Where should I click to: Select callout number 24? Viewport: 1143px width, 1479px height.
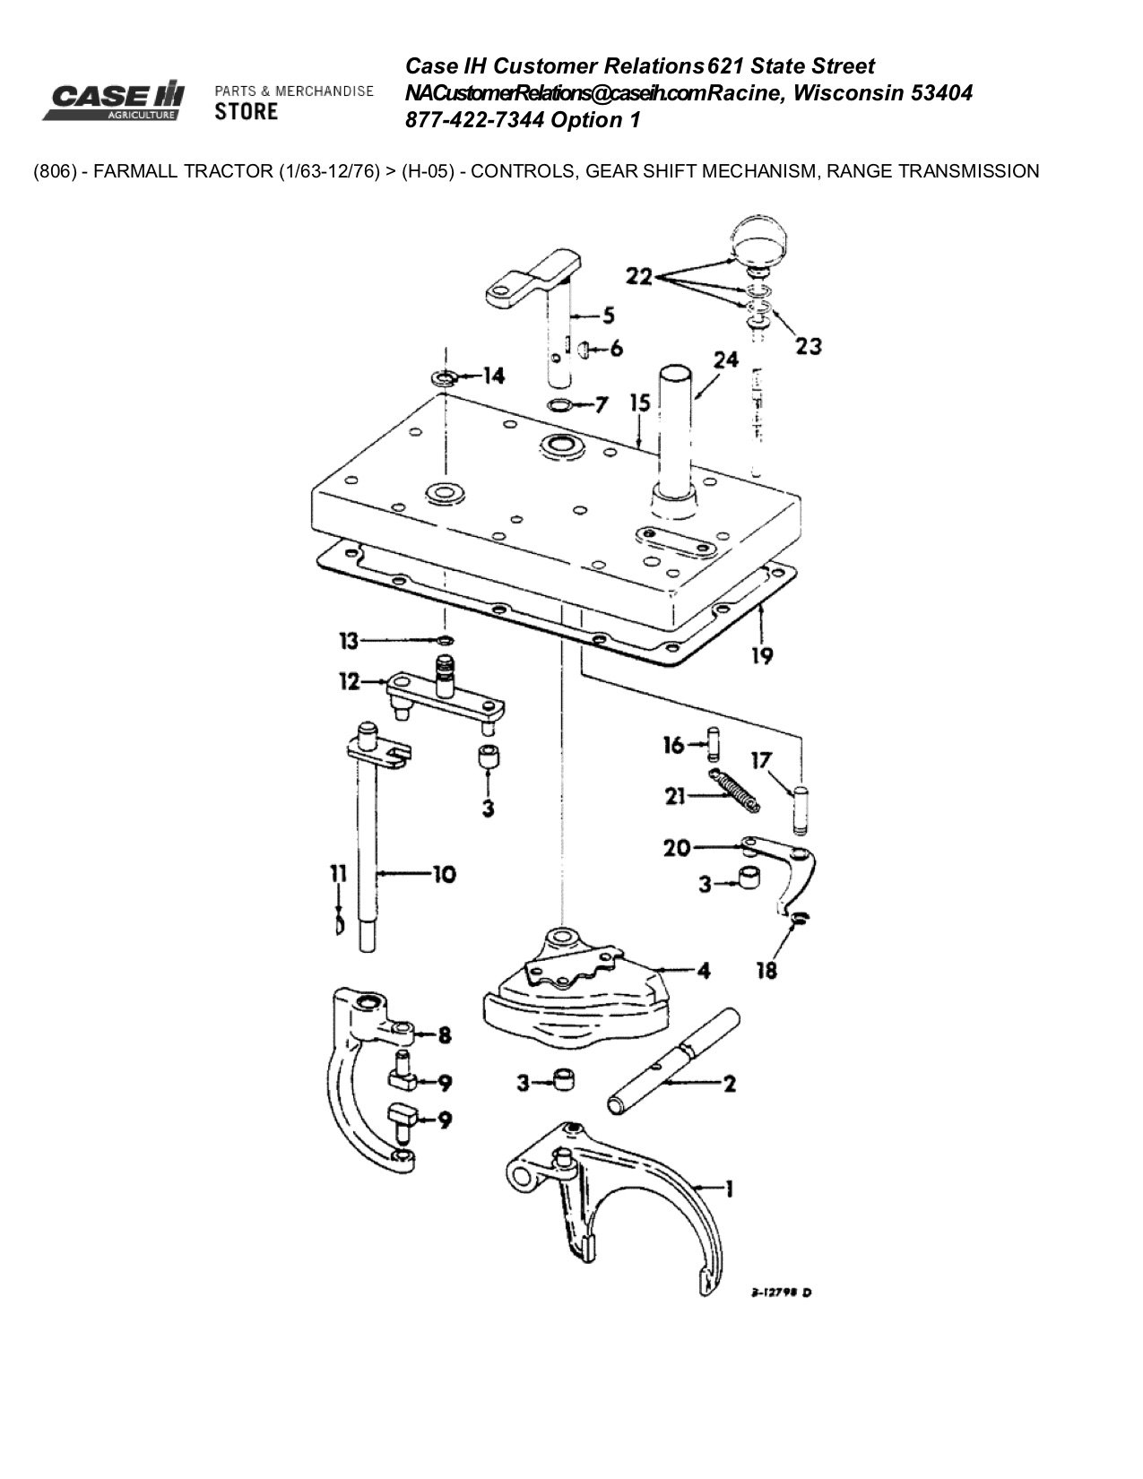coord(725,359)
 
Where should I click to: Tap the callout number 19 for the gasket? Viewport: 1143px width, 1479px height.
coord(761,656)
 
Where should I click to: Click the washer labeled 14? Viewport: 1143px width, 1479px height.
coord(442,376)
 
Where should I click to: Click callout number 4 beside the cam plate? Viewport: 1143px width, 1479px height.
coord(704,970)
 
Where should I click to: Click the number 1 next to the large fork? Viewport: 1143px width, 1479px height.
coord(729,1189)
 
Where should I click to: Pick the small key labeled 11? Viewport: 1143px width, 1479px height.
coord(338,923)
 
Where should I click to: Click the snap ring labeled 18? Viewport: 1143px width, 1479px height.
coord(797,917)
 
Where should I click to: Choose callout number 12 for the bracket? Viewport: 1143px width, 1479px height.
coord(349,683)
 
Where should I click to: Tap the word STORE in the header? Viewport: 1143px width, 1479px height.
coord(247,111)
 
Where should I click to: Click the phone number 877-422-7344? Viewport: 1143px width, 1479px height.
coord(475,120)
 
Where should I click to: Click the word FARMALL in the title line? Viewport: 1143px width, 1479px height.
coord(137,170)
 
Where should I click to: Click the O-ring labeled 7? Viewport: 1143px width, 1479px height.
coord(561,405)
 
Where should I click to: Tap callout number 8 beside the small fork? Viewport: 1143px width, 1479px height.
coord(444,1035)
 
